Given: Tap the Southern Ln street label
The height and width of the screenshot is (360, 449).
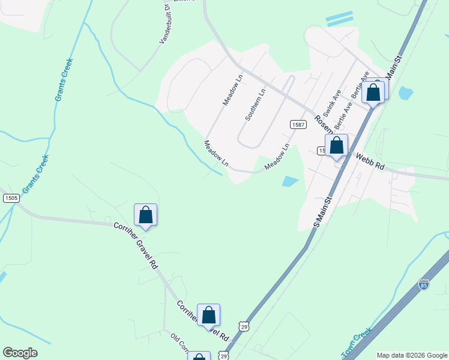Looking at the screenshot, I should click(254, 105).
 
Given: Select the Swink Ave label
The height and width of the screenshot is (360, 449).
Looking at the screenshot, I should click(332, 103).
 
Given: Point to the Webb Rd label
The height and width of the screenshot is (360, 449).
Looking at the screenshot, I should click(370, 163).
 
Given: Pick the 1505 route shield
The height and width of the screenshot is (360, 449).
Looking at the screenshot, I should click(10, 198).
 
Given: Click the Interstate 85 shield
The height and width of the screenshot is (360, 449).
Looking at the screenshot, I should click(424, 284).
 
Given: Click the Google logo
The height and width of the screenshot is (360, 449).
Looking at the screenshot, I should click(20, 353).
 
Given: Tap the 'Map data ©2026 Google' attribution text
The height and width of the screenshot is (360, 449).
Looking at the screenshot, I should click(412, 355).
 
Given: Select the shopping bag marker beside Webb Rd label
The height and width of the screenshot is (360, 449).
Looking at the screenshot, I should click(337, 146).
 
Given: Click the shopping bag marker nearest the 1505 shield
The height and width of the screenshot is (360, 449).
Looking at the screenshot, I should click(145, 215).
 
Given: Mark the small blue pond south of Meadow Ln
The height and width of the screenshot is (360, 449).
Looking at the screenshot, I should click(290, 181).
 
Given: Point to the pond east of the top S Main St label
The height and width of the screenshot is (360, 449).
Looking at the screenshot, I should click(406, 93).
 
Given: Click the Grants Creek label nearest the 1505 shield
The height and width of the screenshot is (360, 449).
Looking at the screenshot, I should click(35, 174).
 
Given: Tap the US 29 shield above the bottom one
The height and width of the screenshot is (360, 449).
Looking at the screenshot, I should click(243, 326).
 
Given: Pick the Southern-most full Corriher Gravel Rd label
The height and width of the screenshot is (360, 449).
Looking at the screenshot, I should click(203, 320).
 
